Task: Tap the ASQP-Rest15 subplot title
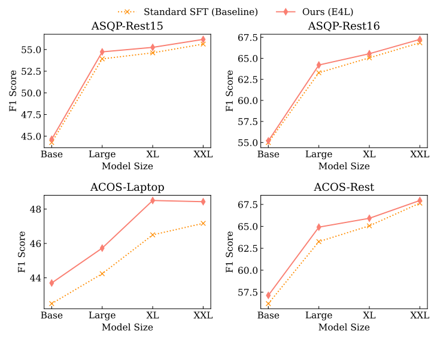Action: pos(127,26)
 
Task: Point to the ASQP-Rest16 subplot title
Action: pos(344,26)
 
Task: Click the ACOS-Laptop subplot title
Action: pos(127,188)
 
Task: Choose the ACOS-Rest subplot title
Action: pos(344,188)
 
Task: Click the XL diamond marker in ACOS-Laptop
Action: pos(153,200)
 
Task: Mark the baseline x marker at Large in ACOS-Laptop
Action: pos(102,273)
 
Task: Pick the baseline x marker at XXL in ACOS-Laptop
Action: pos(203,223)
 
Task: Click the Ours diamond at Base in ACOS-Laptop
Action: pos(51,283)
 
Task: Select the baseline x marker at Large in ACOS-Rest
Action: pos(318,242)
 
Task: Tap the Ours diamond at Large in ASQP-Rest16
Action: pos(318,65)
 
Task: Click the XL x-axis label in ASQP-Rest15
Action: pos(153,154)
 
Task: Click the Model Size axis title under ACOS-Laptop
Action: pos(127,327)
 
